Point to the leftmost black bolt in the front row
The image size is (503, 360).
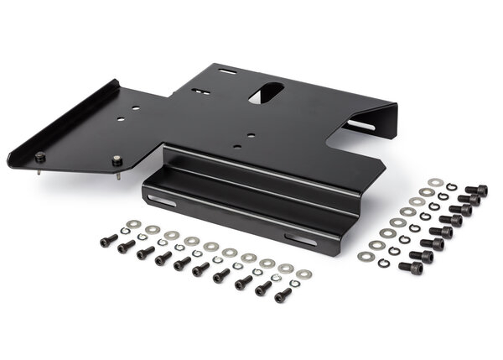pyautogui.click(x=106, y=241)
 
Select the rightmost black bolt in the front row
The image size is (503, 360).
pyautogui.click(x=283, y=295)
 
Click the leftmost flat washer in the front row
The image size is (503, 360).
pyautogui.click(x=132, y=224)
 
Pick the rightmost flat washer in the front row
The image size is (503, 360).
pyautogui.click(x=303, y=274)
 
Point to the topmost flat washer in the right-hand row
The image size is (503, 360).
pyautogui.click(x=434, y=182)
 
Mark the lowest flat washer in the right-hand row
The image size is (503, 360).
pyautogui.click(x=366, y=255)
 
